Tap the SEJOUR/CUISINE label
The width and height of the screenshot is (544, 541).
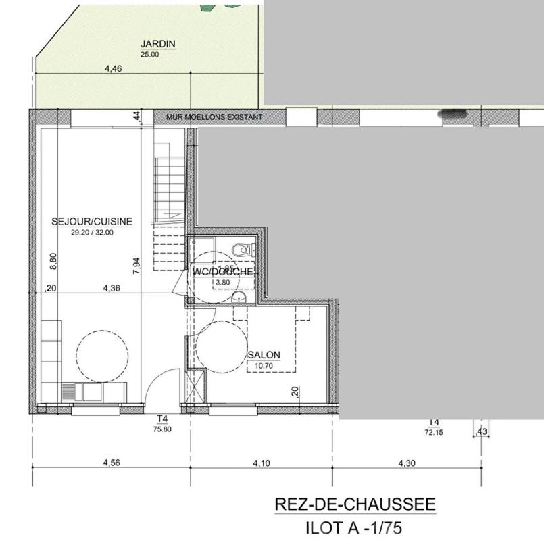(92, 221)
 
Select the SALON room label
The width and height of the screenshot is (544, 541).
(264, 355)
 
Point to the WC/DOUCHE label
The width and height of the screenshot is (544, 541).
(223, 272)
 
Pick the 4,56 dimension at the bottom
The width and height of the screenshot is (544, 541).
(112, 463)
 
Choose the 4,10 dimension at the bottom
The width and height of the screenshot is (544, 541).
(262, 463)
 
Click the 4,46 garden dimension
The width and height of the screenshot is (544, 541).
(114, 68)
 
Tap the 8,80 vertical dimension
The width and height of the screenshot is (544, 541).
(54, 261)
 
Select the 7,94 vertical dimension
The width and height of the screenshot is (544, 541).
(137, 264)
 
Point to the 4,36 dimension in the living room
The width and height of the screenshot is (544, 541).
(112, 288)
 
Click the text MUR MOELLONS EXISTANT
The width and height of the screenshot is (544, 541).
(214, 117)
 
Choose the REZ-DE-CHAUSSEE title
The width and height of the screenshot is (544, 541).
(355, 504)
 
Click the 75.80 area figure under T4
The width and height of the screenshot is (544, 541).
(162, 429)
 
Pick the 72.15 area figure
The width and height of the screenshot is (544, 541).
(434, 433)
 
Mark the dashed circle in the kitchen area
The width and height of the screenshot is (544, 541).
(102, 356)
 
